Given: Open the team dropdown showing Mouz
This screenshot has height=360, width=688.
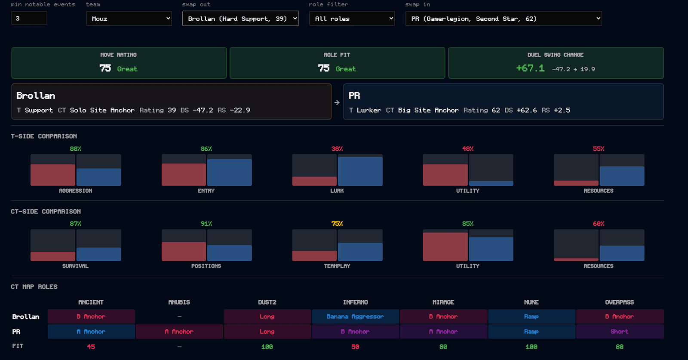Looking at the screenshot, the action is pos(129,18).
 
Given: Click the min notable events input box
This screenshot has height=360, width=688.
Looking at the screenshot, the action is pos(29,18).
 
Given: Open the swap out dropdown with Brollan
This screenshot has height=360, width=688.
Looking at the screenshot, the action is pos(240,18).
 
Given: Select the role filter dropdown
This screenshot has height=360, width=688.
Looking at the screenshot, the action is pos(352,18).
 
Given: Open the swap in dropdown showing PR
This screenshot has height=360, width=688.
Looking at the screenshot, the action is pos(504,18).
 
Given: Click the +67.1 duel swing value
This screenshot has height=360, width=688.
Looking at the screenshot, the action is pos(531,68).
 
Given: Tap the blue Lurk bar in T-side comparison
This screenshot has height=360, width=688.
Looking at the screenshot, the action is pos(360,171).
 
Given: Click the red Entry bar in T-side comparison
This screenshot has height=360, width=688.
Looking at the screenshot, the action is pos(184,175).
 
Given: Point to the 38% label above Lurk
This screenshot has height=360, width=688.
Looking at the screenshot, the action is pos(337,149).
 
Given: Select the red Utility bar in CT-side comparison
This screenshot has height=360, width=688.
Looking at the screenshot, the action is pos(445,246).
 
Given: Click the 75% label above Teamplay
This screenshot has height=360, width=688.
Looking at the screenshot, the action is pos(337,224).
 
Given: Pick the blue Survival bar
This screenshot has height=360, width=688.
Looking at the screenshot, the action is pos(99,254).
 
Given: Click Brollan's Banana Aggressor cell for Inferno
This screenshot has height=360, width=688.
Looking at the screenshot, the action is pos(355,317).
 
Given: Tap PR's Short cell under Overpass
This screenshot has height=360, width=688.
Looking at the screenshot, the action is pos(620,332).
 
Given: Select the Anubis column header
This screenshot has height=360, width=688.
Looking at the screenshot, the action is pos(179,302).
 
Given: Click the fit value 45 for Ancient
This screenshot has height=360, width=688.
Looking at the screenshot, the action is pos(91,347).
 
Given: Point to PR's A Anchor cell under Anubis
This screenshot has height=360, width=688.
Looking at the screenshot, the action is pos(179,332).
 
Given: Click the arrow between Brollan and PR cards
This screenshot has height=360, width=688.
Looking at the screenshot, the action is pos(337,102).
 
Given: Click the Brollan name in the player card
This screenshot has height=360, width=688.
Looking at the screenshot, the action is pos(36,95).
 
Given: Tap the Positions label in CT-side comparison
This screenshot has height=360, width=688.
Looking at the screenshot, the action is pos(206,266).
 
